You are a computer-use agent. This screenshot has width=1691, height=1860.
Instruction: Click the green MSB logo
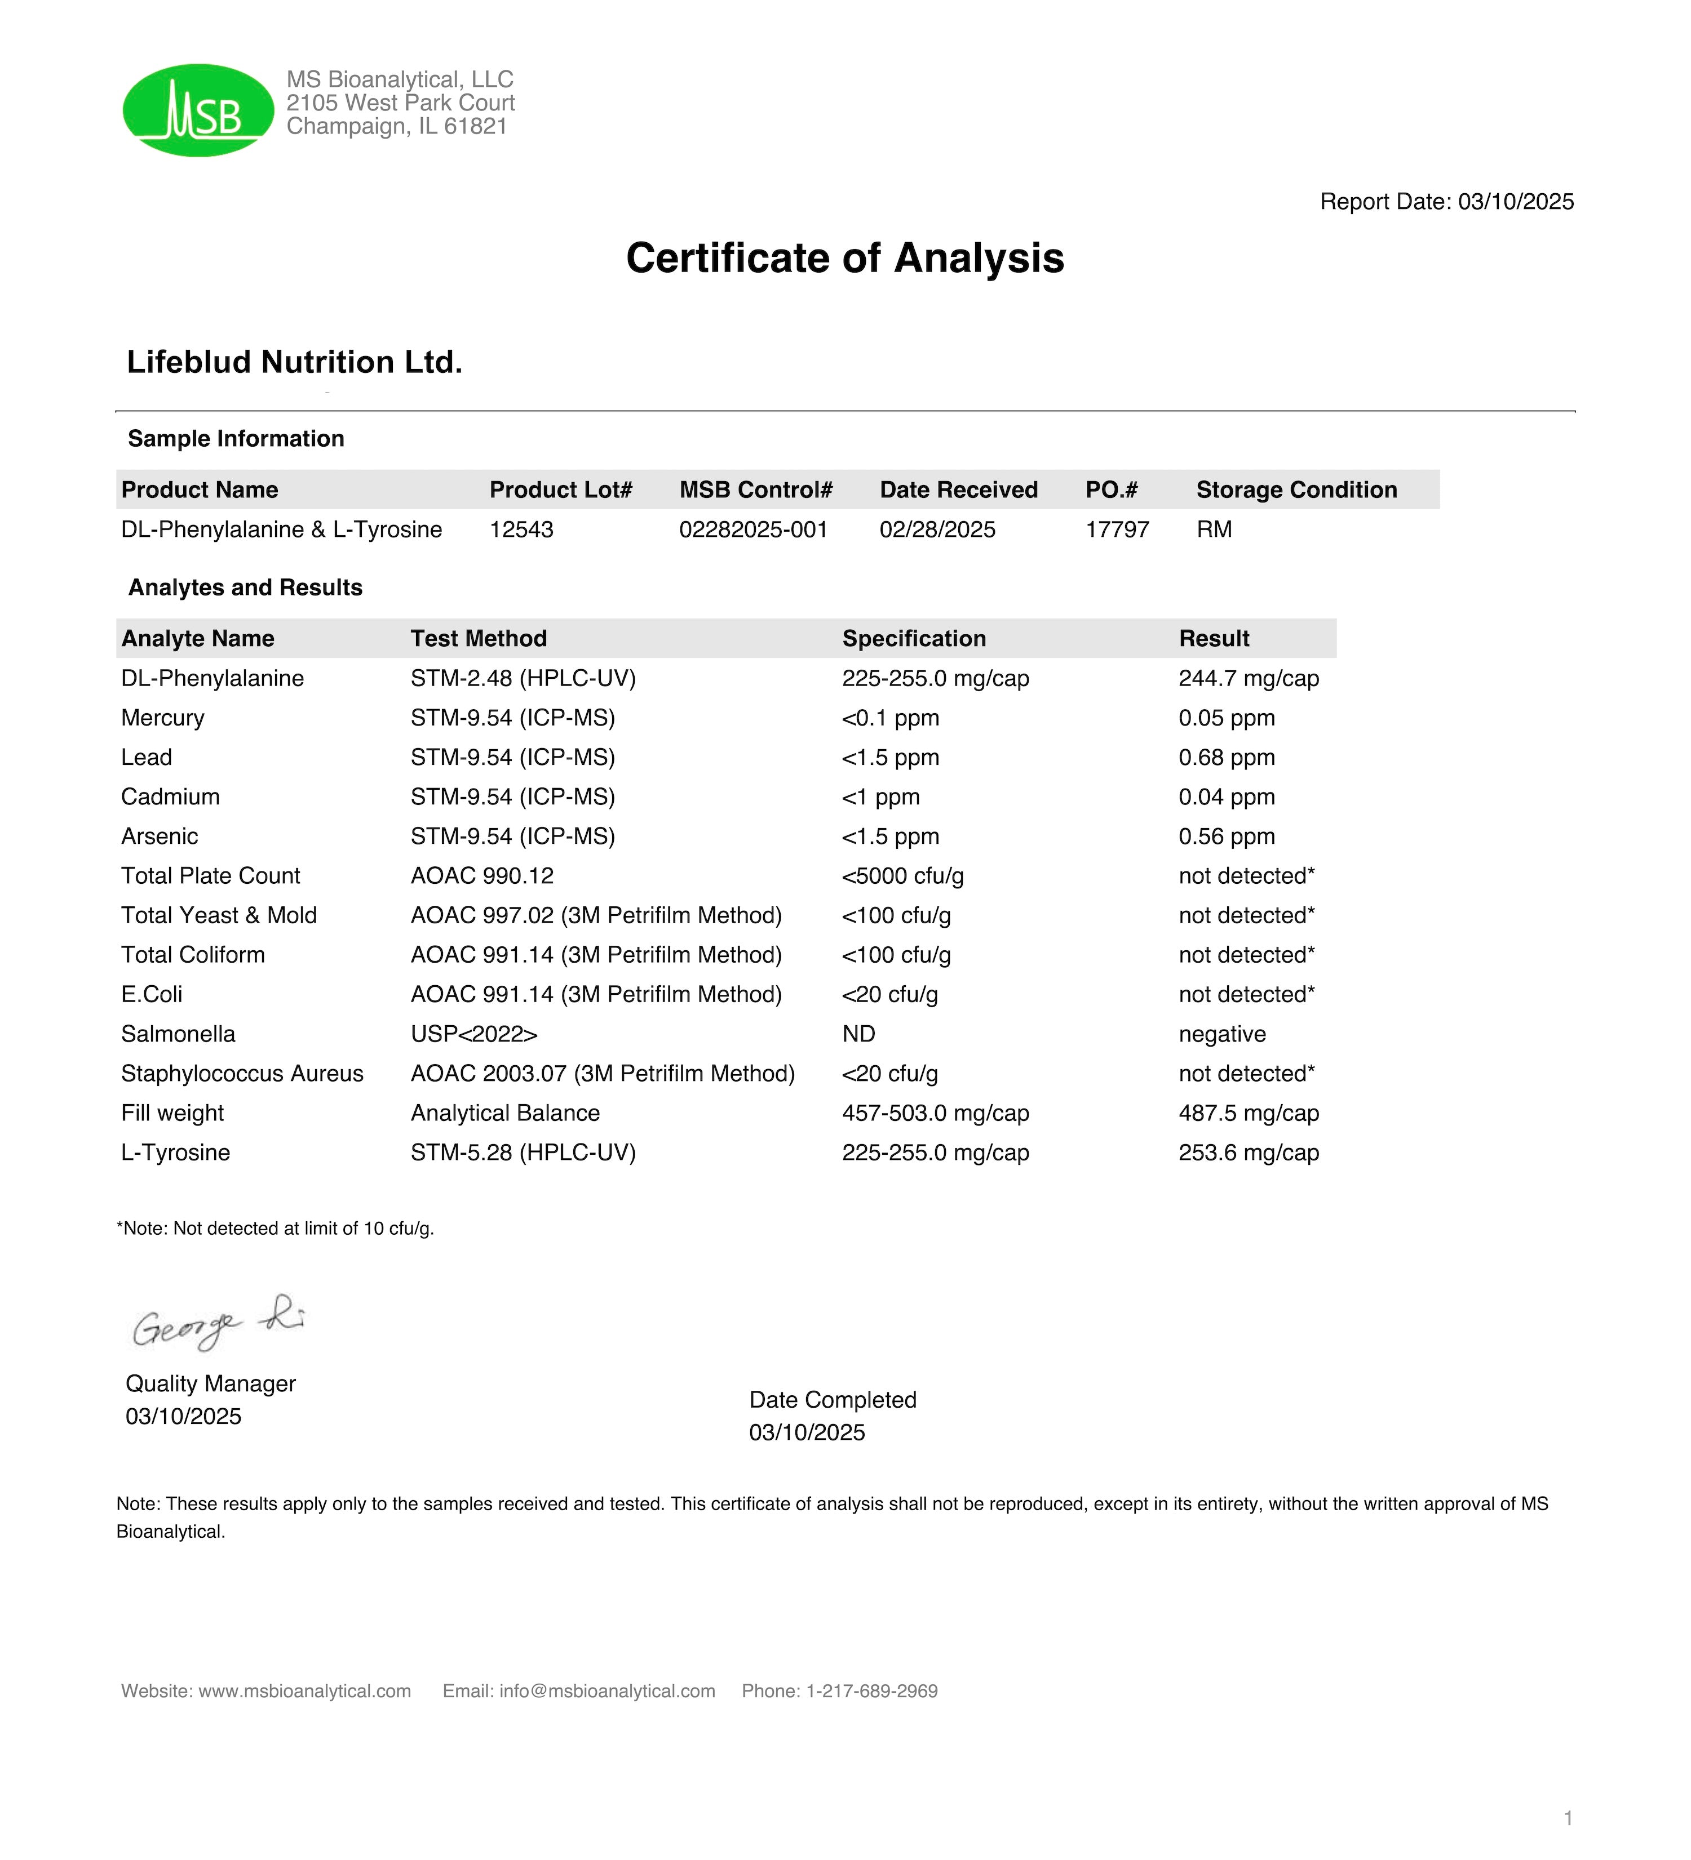click(x=198, y=110)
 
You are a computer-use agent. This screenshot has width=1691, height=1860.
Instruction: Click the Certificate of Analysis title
click(x=844, y=259)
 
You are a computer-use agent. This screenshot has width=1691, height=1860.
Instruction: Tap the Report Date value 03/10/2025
click(x=1516, y=202)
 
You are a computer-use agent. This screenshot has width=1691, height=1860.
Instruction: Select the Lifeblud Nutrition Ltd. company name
click(x=294, y=363)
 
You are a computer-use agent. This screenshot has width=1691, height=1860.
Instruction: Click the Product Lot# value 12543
click(x=521, y=529)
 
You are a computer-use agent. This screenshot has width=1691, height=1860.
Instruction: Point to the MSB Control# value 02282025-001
click(x=753, y=529)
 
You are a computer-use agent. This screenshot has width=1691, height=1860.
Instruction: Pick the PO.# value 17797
click(x=1117, y=529)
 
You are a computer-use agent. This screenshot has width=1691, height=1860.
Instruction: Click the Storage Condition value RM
click(x=1214, y=529)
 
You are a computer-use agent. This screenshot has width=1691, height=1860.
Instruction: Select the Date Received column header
click(x=958, y=490)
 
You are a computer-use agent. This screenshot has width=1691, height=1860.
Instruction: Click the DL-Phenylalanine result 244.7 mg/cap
click(x=1248, y=678)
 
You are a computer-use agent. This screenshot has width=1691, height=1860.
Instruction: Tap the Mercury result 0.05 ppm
click(x=1226, y=718)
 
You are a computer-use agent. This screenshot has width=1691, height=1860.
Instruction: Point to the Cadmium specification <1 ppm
click(x=880, y=797)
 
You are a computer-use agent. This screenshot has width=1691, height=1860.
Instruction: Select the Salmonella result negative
click(x=1221, y=1034)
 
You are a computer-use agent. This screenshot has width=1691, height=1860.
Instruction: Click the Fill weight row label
click(x=172, y=1114)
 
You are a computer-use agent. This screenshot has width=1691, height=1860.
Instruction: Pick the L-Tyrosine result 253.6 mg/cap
click(x=1248, y=1153)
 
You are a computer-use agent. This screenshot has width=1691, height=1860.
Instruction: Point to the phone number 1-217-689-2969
click(x=871, y=1691)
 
